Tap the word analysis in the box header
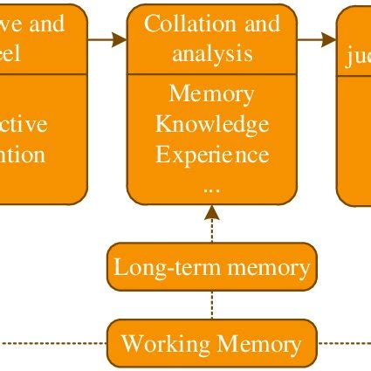coord(212,54)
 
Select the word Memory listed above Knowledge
coord(211,93)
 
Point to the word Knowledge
coord(211,125)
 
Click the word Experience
coord(211,155)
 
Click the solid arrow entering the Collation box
coord(107,39)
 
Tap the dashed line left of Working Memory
coord(52,343)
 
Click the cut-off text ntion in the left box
coord(22,155)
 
